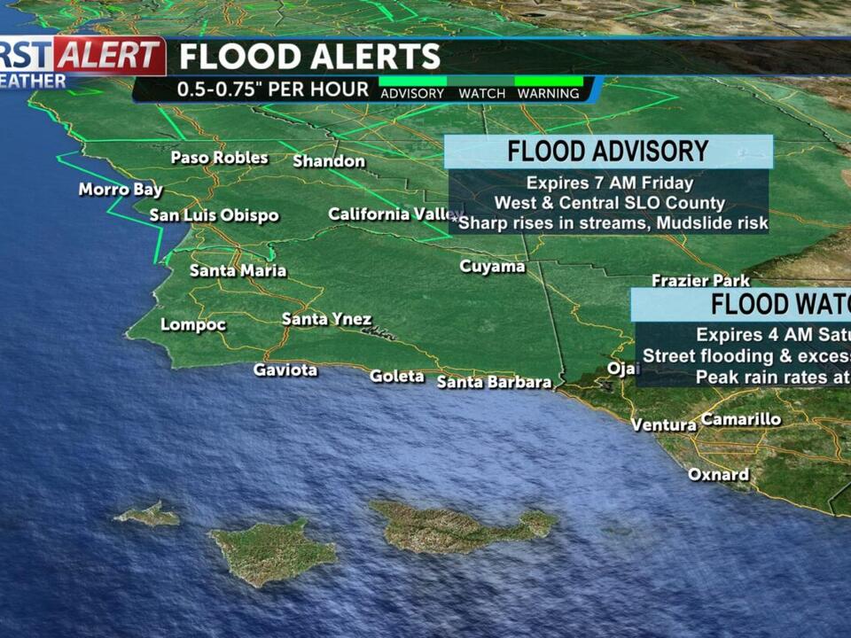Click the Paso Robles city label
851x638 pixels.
coord(219,158)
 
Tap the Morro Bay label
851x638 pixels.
coord(121,189)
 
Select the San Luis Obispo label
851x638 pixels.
coord(214,215)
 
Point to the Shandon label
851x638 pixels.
coord(329,161)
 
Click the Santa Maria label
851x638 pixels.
coord(238,270)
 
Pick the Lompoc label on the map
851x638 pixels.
coord(193,325)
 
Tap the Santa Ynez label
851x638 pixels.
coord(326,319)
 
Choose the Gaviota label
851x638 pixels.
coord(285,370)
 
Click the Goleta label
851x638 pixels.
coord(396,376)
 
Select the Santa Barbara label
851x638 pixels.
coord(494,383)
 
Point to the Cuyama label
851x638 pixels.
coord(492,267)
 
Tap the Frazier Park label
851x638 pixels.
coord(700,280)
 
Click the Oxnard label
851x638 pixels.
coord(718,474)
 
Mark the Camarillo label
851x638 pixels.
coord(741,419)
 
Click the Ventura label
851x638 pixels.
coord(663,425)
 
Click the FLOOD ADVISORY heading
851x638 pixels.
coord(607,152)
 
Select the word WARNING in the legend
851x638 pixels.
coord(549,93)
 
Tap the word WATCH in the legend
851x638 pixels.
coord(481,93)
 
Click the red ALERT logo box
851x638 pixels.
coord(110,56)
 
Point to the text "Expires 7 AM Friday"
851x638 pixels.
coord(609,183)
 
